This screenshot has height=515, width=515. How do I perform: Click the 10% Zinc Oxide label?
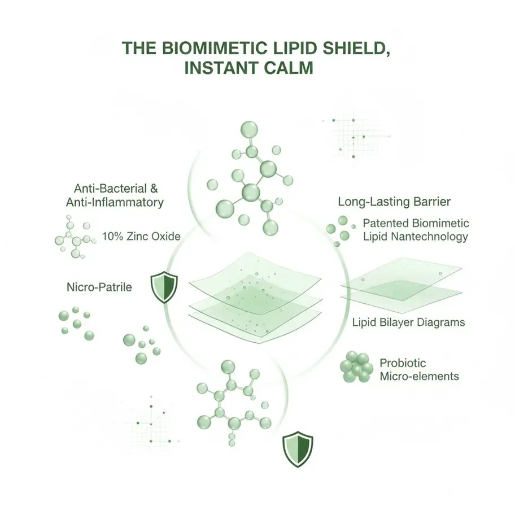click(142, 237)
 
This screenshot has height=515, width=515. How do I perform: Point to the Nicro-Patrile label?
click(99, 287)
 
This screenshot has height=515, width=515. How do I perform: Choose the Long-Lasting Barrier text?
click(394, 202)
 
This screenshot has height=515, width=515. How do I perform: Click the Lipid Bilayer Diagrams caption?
click(408, 322)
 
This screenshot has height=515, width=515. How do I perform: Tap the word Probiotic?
click(403, 363)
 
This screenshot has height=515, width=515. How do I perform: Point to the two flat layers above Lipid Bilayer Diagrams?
click(401, 285)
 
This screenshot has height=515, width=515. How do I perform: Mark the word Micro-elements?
click(419, 377)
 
